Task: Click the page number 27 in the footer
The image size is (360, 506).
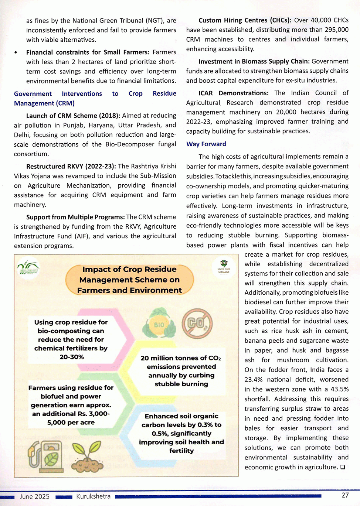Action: [x=345, y=495]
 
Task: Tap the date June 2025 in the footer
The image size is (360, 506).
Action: [x=35, y=496]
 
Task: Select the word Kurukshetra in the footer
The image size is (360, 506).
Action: [x=93, y=496]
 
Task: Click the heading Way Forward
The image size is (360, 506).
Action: [x=206, y=144]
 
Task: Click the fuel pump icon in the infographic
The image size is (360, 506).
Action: [x=45, y=457]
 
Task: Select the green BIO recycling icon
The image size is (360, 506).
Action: [x=159, y=324]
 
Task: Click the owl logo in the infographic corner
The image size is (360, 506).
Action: [x=224, y=266]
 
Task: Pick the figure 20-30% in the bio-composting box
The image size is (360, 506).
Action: [x=72, y=357]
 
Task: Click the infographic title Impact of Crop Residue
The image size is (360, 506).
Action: [x=129, y=269]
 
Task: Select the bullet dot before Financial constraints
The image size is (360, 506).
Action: [x=16, y=53]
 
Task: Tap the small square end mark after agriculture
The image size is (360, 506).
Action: [x=343, y=467]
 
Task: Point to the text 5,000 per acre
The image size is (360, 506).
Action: [x=71, y=422]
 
